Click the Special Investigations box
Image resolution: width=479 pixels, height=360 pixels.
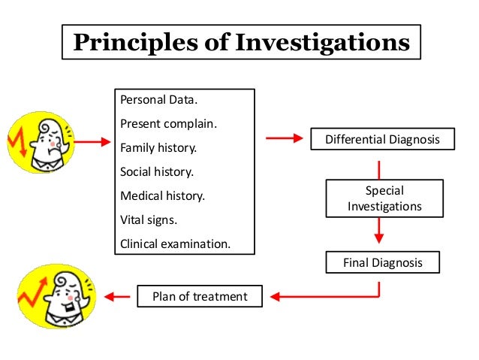tap(384, 198)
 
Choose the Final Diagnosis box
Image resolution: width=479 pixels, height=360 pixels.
tap(381, 263)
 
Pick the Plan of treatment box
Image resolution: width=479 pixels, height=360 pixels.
tap(199, 296)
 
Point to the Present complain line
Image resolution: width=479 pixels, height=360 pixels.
tap(168, 124)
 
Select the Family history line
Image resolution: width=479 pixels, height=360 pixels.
tap(158, 148)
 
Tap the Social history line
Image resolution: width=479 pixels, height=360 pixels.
tap(156, 171)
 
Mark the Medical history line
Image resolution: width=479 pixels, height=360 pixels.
tap(162, 195)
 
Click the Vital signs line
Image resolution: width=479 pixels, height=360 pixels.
tap(149, 219)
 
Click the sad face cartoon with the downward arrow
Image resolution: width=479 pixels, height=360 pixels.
tap(38, 140)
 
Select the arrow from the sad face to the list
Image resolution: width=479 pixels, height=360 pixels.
tap(92, 140)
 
